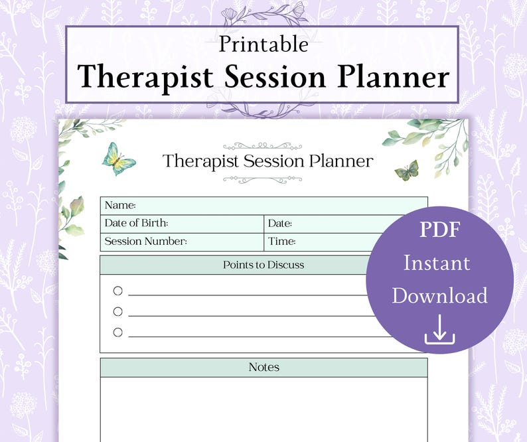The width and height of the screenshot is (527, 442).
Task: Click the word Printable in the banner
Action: pyautogui.click(x=263, y=44)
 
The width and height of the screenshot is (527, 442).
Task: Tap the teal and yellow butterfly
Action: pyautogui.click(x=119, y=159)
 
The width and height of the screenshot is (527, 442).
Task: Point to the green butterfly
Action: pyautogui.click(x=407, y=171)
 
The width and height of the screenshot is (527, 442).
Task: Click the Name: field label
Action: pyautogui.click(x=120, y=206)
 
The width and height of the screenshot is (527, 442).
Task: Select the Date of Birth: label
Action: pyautogui.click(x=136, y=224)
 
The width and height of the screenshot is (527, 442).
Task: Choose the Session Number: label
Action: pyautogui.click(x=145, y=242)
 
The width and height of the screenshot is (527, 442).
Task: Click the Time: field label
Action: pyautogui.click(x=282, y=242)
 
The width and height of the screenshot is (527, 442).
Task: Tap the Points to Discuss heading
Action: pyautogui.click(x=263, y=265)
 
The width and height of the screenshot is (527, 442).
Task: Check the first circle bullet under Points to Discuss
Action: pyautogui.click(x=118, y=291)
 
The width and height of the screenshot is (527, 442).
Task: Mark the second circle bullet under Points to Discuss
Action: pyautogui.click(x=118, y=311)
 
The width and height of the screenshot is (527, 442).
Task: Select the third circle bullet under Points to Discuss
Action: pyautogui.click(x=118, y=332)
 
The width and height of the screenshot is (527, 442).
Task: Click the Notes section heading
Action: pyautogui.click(x=263, y=367)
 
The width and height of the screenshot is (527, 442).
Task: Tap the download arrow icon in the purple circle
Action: pyautogui.click(x=439, y=330)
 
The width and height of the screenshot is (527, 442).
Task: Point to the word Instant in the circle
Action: pyautogui.click(x=437, y=263)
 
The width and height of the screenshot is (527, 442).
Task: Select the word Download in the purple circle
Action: pyautogui.click(x=439, y=295)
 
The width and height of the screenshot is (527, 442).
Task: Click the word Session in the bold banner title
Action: pyautogui.click(x=275, y=77)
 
